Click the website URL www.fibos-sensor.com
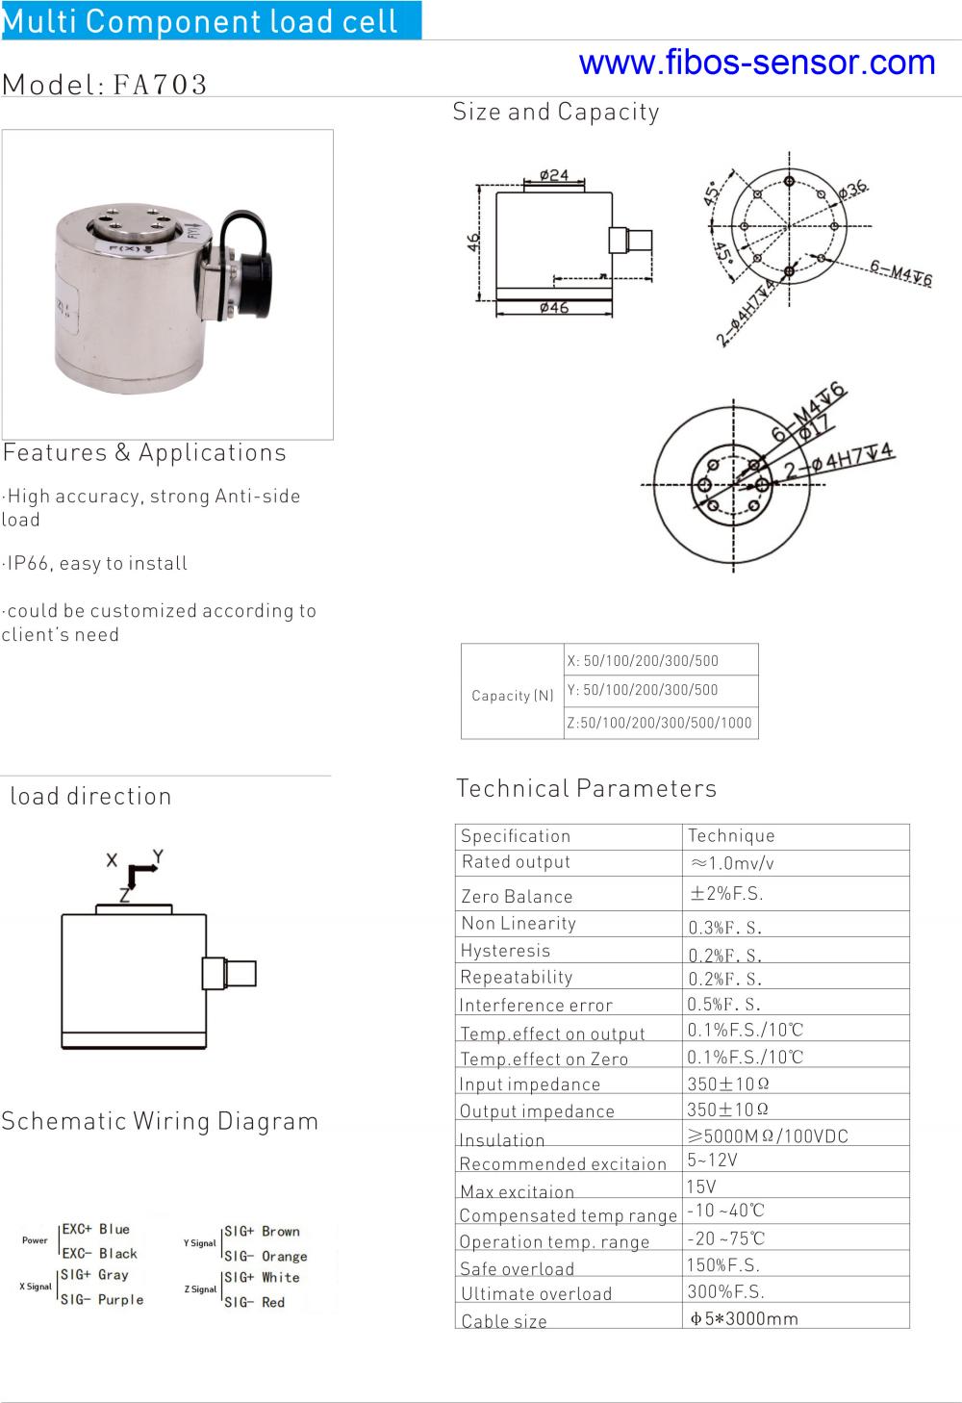[757, 63]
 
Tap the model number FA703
[159, 85]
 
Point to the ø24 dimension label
[554, 175]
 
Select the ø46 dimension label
[554, 308]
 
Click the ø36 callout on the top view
[852, 190]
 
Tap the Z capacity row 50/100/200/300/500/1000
[660, 723]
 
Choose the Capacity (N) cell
[513, 695]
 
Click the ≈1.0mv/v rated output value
[732, 863]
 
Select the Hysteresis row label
[505, 951]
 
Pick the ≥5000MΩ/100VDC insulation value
[768, 1135]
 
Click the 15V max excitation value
[701, 1186]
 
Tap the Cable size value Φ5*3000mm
[745, 1318]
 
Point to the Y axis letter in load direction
[158, 855]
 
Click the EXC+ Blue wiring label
[95, 1229]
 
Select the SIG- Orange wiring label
[266, 1256]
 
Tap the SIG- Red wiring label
[255, 1302]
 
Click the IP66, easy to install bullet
[95, 563]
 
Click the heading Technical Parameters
[586, 788]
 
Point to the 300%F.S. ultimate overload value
[725, 1291]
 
